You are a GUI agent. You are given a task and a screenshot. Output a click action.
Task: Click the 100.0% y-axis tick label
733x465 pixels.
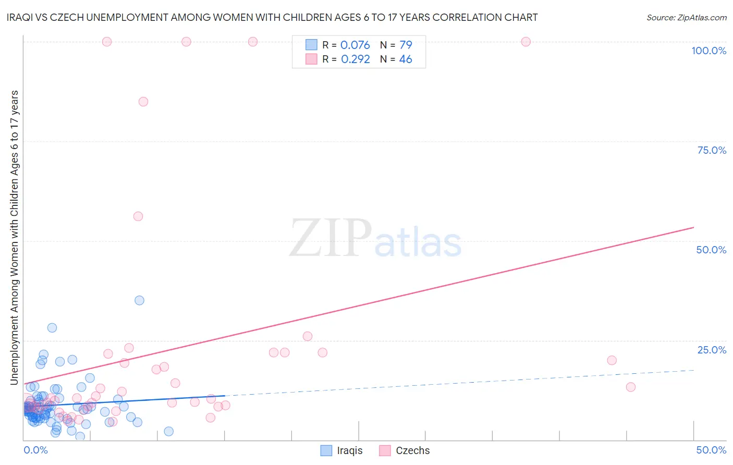click(708, 51)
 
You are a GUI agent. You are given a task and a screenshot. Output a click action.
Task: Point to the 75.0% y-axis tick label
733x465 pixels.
click(712, 150)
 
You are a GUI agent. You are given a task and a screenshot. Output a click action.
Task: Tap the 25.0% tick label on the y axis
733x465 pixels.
click(712, 350)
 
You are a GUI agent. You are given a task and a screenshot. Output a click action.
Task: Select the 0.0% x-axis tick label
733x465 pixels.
click(35, 450)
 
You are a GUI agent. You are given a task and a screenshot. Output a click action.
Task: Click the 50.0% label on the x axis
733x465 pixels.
click(711, 450)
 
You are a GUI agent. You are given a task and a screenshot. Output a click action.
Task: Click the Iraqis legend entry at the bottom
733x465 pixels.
click(341, 450)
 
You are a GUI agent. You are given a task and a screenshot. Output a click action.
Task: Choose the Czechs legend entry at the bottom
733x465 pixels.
click(405, 450)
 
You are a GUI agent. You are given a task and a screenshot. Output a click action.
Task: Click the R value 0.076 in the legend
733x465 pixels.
click(355, 45)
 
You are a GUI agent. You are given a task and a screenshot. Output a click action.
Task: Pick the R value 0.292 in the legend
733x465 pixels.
click(355, 59)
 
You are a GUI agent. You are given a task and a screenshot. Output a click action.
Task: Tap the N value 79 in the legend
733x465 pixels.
click(406, 45)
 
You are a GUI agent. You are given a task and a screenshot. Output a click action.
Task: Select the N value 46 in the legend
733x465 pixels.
click(406, 59)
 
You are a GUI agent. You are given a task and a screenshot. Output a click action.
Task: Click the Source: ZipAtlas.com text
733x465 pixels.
click(686, 17)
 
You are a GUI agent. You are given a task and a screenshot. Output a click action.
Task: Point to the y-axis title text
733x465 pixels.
click(14, 237)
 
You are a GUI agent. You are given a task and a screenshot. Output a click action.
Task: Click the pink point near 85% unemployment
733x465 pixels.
click(143, 102)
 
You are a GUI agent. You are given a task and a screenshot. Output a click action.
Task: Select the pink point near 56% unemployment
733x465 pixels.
click(138, 216)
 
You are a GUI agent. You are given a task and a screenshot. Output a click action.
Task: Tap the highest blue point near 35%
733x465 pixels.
click(139, 300)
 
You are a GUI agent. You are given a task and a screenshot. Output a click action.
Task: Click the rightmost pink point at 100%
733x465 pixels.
click(526, 42)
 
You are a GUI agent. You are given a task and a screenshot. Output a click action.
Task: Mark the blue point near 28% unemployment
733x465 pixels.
click(52, 328)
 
